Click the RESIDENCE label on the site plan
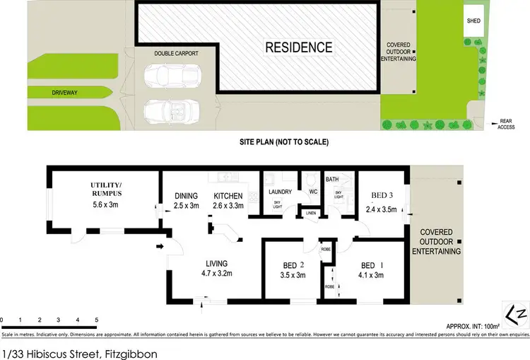pyautogui.click(x=298, y=48)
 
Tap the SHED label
pyautogui.click(x=473, y=21)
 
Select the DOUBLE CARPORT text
pyautogui.click(x=167, y=54)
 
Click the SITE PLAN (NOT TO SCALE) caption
pyautogui.click(x=283, y=141)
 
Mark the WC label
pyautogui.click(x=311, y=191)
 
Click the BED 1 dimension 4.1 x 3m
pyautogui.click(x=370, y=276)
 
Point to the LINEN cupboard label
pyautogui.click(x=310, y=213)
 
